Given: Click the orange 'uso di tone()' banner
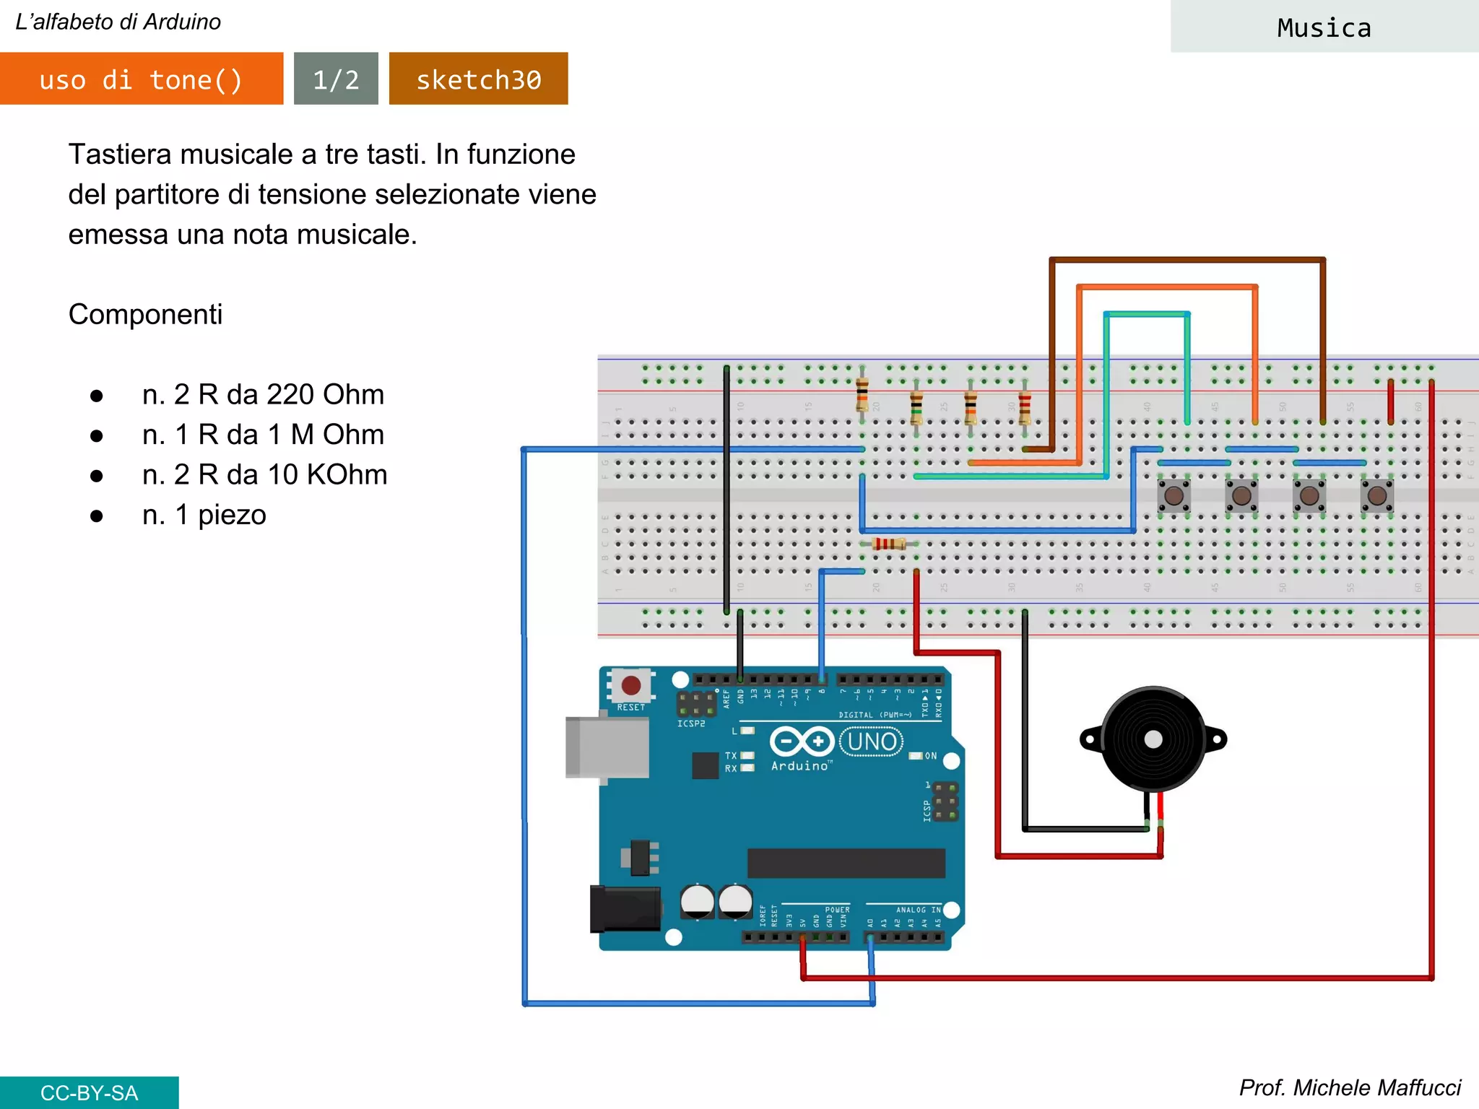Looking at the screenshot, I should (x=142, y=79).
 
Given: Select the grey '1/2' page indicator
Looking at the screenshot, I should (x=336, y=79).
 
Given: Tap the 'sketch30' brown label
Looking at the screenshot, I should (x=478, y=79).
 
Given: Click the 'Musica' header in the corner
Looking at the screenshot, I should (x=1324, y=27).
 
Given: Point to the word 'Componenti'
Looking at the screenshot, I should (x=145, y=315).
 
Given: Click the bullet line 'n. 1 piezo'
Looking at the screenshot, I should (x=204, y=515).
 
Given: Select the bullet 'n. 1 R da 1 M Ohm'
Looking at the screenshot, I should (x=263, y=435).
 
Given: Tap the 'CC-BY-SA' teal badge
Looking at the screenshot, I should (x=89, y=1092).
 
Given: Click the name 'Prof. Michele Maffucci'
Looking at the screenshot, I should (x=1349, y=1087).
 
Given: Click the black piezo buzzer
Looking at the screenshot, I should (x=1153, y=739).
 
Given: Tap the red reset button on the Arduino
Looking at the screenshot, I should (x=630, y=685).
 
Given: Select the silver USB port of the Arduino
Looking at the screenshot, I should (x=607, y=747).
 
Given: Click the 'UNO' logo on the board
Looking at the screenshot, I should (x=872, y=741).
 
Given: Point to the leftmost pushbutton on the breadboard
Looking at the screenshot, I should (x=1174, y=496).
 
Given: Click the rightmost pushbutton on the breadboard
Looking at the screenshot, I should (x=1376, y=496).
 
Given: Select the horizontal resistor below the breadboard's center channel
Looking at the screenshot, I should (x=888, y=544).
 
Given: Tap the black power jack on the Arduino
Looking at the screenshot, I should (x=625, y=909).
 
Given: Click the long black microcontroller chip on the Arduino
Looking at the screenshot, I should (x=846, y=863).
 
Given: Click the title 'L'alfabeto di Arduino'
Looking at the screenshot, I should (x=118, y=22).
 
